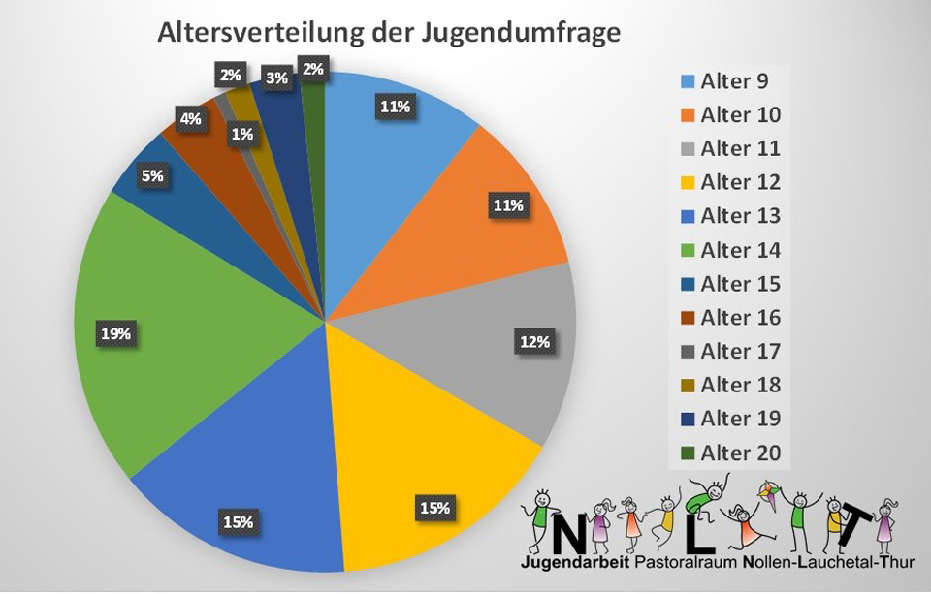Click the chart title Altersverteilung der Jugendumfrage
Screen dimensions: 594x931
point(388,32)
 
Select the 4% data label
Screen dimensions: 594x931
point(190,119)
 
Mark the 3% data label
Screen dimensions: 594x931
point(276,78)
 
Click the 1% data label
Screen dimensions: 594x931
point(242,135)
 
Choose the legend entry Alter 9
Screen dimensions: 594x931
point(735,81)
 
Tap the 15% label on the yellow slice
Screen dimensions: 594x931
point(433,507)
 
